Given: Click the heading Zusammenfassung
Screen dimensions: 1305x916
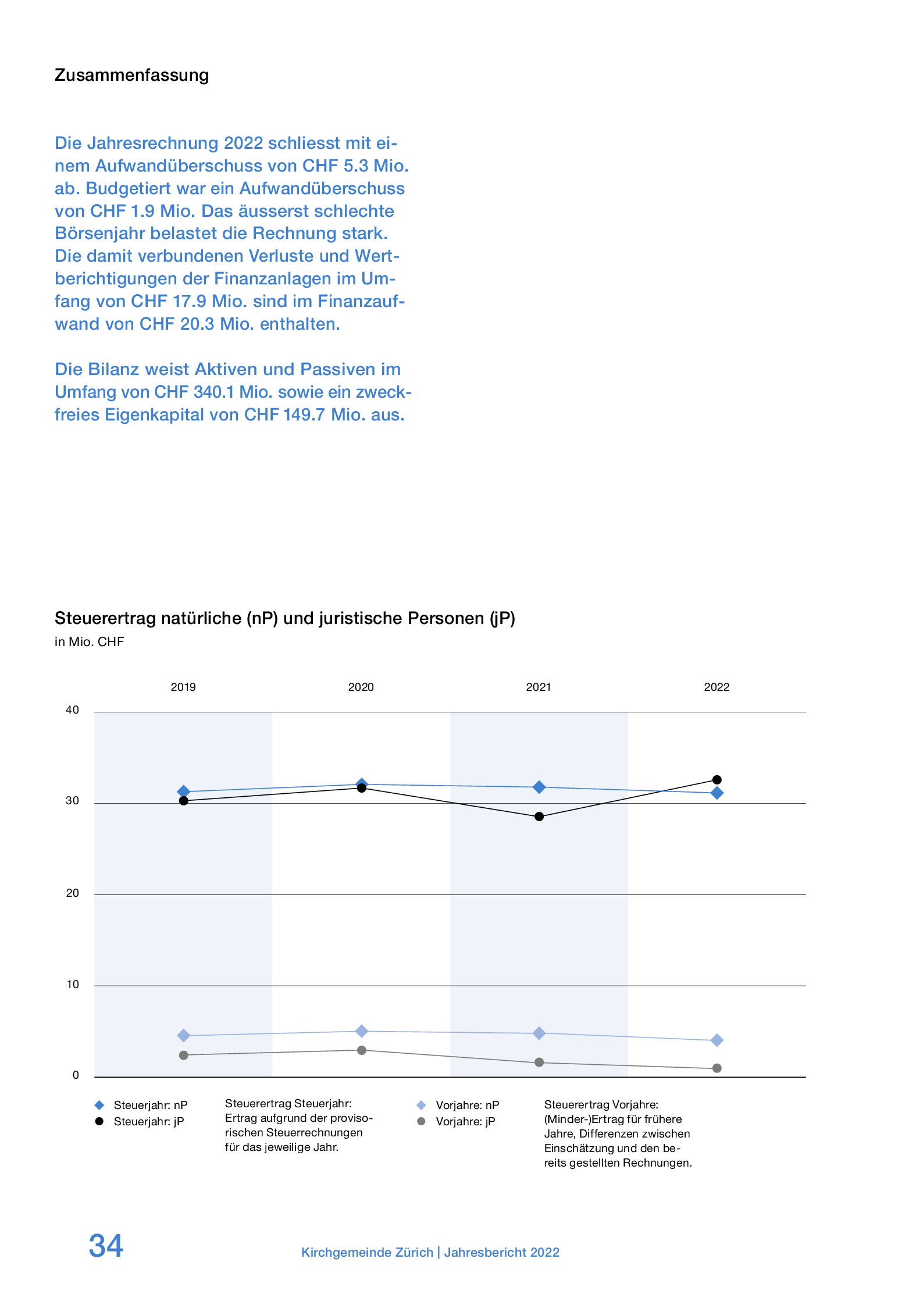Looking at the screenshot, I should click(131, 75).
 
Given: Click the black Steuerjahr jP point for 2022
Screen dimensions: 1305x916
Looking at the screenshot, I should click(717, 780).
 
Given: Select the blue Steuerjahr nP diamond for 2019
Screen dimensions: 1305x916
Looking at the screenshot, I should click(183, 791).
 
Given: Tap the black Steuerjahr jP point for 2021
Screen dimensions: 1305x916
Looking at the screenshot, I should click(539, 816).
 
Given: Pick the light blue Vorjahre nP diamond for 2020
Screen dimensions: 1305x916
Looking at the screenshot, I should click(361, 1031).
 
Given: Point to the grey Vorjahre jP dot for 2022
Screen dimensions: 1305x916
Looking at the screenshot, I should click(717, 1068).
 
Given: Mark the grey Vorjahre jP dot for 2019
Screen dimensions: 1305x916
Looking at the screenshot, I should click(183, 1055).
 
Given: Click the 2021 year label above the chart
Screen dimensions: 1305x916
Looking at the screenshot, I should click(539, 687).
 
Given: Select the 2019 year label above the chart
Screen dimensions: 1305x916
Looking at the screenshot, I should click(183, 687).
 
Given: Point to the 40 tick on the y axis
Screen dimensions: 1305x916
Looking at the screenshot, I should click(72, 709).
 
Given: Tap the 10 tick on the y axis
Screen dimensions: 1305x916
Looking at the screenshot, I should click(72, 984).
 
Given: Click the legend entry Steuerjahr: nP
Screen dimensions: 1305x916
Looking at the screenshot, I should click(150, 1105).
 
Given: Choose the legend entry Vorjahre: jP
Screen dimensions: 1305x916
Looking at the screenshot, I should click(465, 1121).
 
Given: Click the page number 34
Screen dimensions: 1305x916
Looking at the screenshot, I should click(106, 1246).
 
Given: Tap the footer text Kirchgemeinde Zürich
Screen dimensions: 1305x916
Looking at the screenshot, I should click(367, 1252).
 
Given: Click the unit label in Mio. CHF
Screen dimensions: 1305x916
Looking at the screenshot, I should click(89, 641).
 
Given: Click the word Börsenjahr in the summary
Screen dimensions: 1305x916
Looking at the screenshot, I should click(99, 233).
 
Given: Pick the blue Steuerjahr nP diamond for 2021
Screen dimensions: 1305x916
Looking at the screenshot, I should click(539, 787).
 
